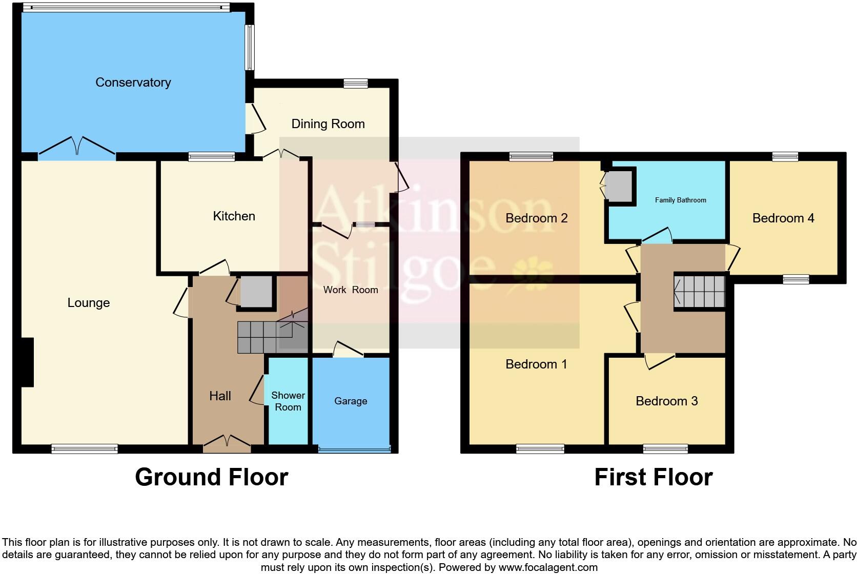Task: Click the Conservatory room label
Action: pyautogui.click(x=133, y=83)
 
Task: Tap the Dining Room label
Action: pyautogui.click(x=328, y=124)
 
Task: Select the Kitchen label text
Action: pyautogui.click(x=234, y=216)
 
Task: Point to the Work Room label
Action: pyautogui.click(x=351, y=290)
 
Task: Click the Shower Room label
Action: pyautogui.click(x=288, y=401)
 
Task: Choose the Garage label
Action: pyautogui.click(x=351, y=401)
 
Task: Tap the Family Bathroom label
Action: pyautogui.click(x=680, y=200)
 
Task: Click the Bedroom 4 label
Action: pyautogui.click(x=783, y=218)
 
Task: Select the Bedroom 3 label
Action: pyautogui.click(x=666, y=401)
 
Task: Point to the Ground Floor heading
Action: pyautogui.click(x=211, y=477)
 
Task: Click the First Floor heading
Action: pyautogui.click(x=653, y=477)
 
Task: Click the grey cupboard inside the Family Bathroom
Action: pyautogui.click(x=619, y=186)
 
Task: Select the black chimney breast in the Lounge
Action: pyautogui.click(x=27, y=362)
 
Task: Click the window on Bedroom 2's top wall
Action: pyautogui.click(x=532, y=157)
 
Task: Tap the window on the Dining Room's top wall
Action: pyautogui.click(x=356, y=83)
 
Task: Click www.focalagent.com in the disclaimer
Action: pyautogui.click(x=547, y=567)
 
